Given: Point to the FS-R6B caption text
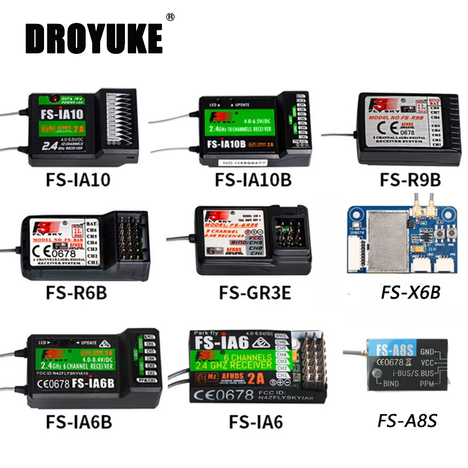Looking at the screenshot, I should (x=76, y=293).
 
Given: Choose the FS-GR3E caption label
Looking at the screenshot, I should (x=255, y=293).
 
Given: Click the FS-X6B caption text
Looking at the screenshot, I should (x=410, y=293).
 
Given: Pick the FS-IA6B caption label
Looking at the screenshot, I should (x=79, y=422).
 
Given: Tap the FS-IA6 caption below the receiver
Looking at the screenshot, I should (x=256, y=422).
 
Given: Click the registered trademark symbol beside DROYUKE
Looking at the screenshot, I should (x=170, y=17).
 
